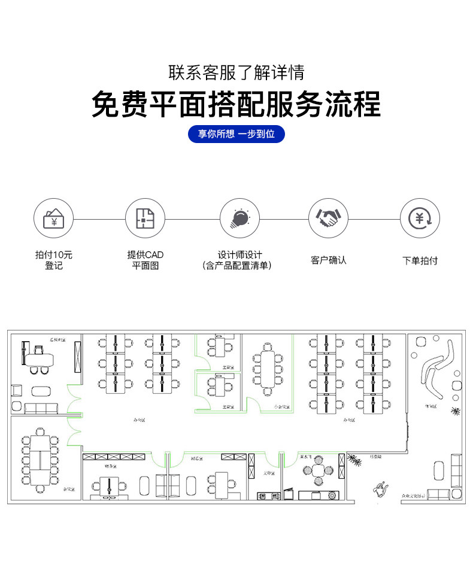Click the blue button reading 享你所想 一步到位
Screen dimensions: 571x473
click(x=236, y=134)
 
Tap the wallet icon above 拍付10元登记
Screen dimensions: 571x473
click(x=53, y=218)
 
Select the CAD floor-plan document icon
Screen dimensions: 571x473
click(x=145, y=218)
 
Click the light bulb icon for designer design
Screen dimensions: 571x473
click(x=239, y=218)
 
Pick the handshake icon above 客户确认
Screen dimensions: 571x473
click(x=328, y=218)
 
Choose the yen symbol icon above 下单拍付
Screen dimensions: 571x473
click(x=420, y=218)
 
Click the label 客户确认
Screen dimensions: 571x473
click(x=328, y=260)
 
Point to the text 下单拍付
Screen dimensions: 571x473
click(x=420, y=261)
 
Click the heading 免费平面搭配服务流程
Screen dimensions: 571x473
click(x=236, y=104)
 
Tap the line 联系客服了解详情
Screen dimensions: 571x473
click(x=236, y=73)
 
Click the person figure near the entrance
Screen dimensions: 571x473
click(x=378, y=489)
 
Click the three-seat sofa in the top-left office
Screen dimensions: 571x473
click(x=41, y=409)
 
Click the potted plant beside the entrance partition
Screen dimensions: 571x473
click(x=355, y=460)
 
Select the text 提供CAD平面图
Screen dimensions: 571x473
click(x=145, y=260)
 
